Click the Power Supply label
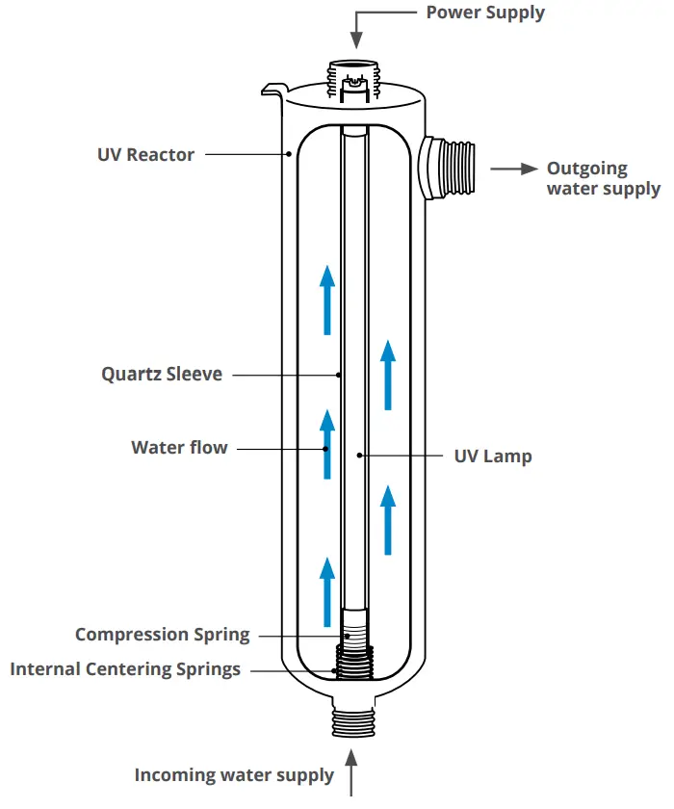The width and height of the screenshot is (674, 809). click(x=485, y=13)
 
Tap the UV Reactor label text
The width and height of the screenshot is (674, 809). click(x=145, y=154)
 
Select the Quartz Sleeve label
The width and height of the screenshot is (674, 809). click(x=162, y=374)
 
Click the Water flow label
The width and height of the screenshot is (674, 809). click(x=179, y=448)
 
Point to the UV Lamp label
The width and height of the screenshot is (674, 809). click(x=492, y=456)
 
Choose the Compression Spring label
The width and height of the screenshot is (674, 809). click(x=162, y=635)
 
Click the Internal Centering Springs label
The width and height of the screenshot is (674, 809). click(x=125, y=668)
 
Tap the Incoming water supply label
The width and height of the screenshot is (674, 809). click(x=234, y=774)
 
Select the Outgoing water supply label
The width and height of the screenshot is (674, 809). click(x=603, y=178)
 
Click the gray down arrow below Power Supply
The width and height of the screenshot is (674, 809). click(x=356, y=29)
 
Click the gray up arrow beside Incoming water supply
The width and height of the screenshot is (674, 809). click(x=353, y=777)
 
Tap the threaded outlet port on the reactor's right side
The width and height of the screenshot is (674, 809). click(x=449, y=168)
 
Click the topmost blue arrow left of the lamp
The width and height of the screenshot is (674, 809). click(x=327, y=300)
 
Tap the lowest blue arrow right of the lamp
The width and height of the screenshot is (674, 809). click(x=388, y=520)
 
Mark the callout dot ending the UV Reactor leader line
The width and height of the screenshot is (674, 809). click(x=288, y=154)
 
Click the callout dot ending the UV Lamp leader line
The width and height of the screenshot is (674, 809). click(x=358, y=456)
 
